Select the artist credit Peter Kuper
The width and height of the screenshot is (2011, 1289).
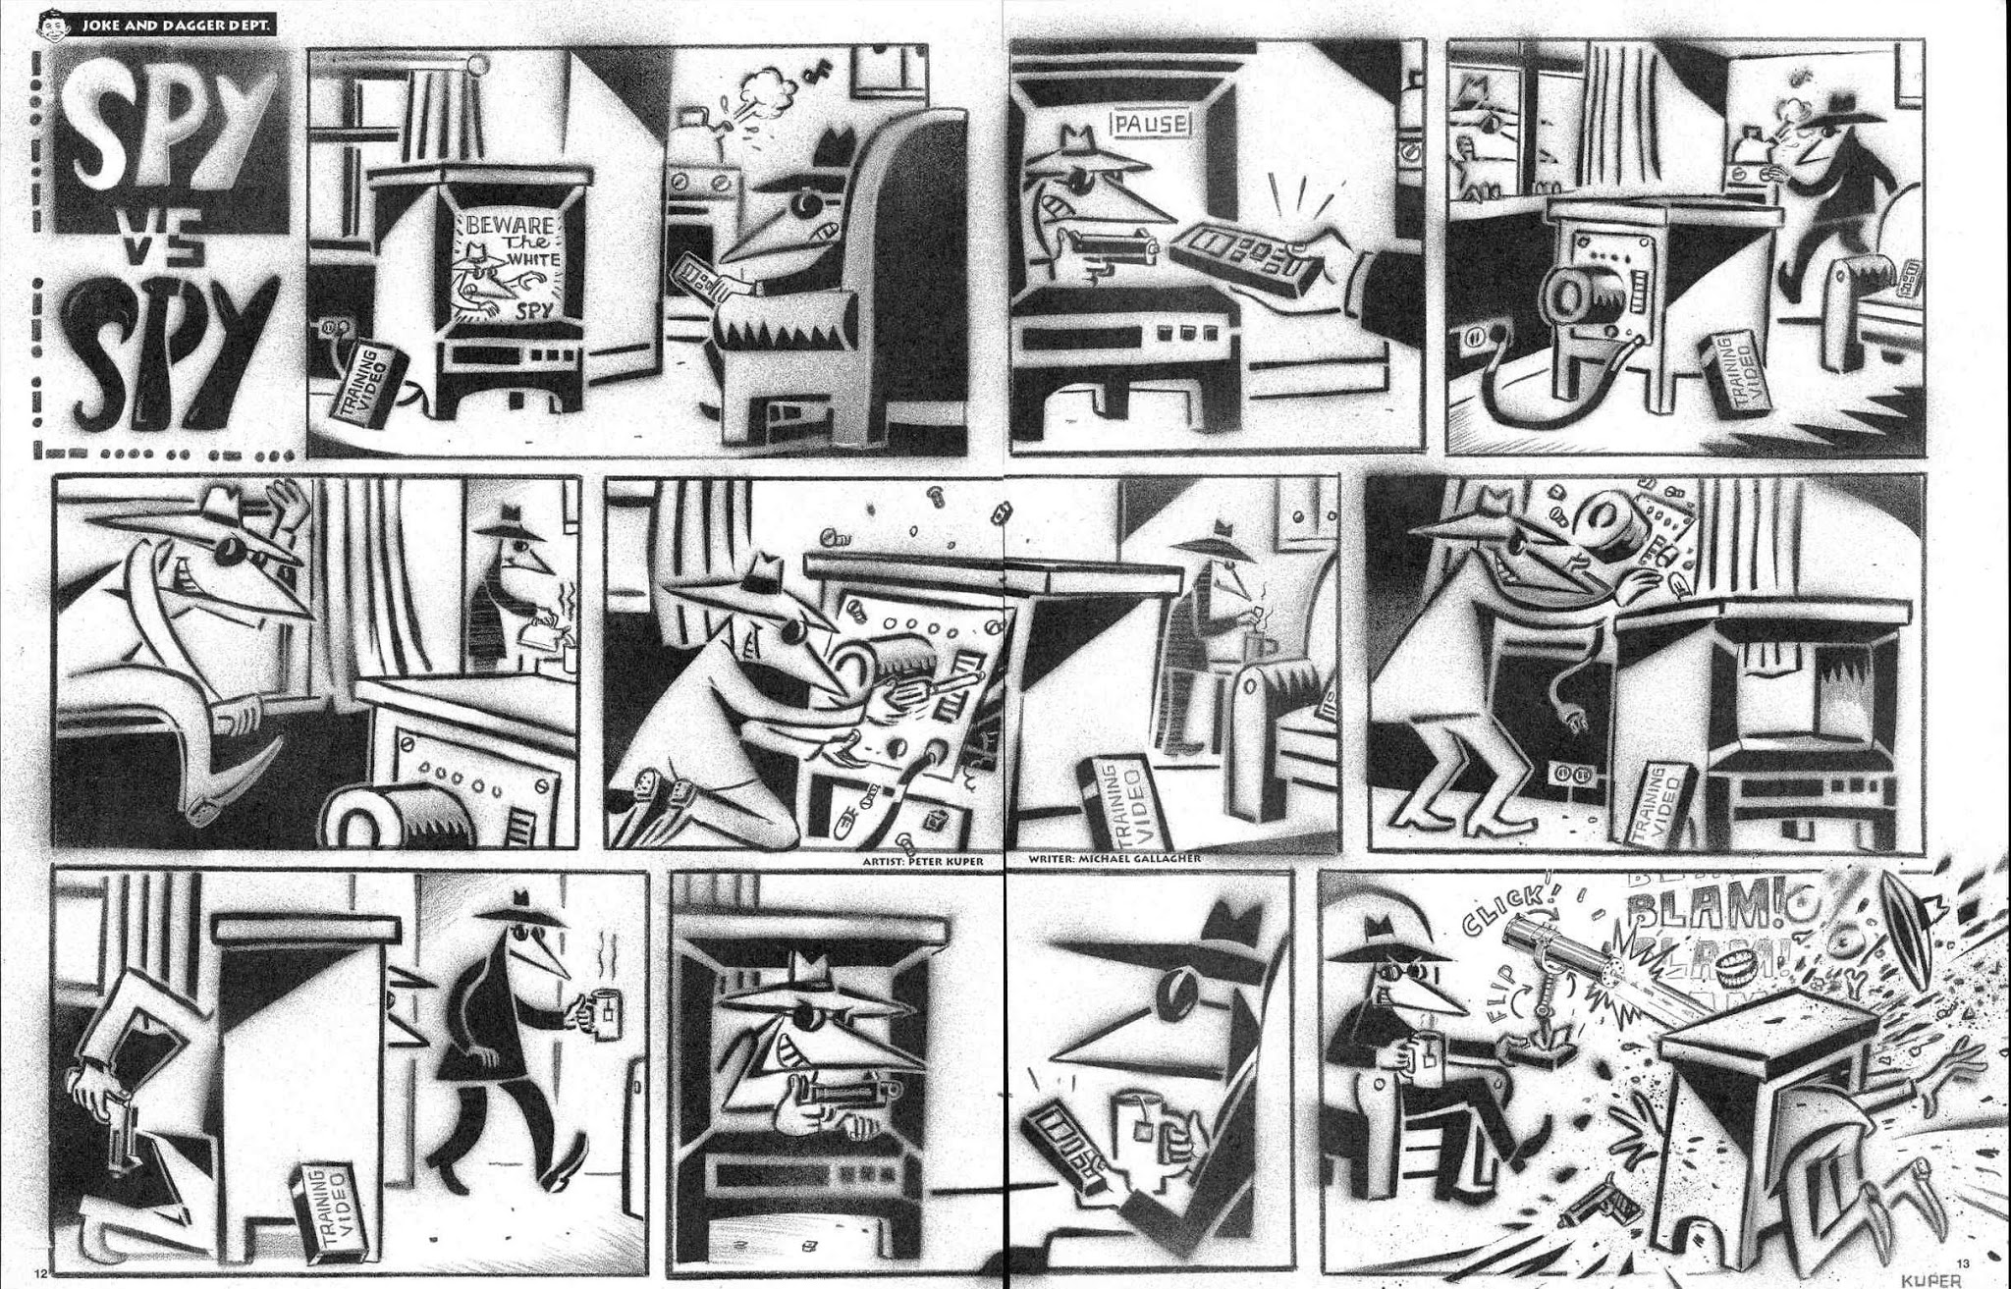(x=923, y=861)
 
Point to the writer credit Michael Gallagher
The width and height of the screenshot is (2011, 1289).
(x=1114, y=859)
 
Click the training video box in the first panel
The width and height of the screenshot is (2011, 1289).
(x=370, y=386)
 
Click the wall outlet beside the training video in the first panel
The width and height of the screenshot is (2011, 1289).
(x=334, y=327)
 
